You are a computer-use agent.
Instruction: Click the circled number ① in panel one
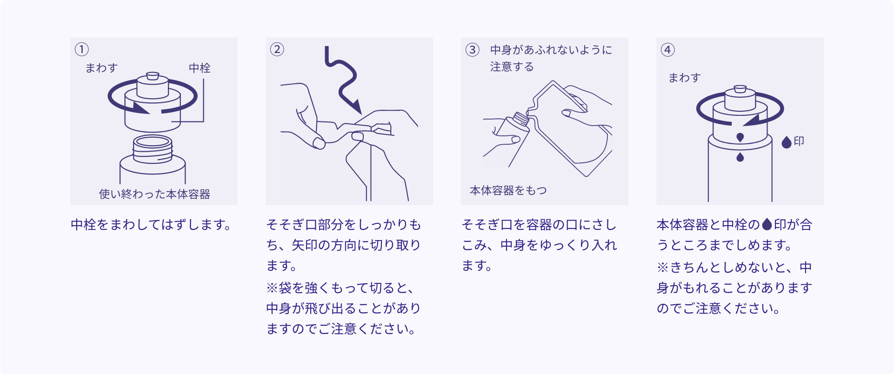click(x=82, y=49)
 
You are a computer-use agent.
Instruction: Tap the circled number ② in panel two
click(x=277, y=49)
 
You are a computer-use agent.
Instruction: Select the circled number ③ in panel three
click(x=473, y=50)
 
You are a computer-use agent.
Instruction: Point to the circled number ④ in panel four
click(x=668, y=50)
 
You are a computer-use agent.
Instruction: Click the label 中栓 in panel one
click(x=200, y=68)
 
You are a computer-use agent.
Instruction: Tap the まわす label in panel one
click(x=101, y=68)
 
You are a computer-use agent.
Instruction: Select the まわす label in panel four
click(x=684, y=78)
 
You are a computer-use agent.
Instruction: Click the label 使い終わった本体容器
click(x=154, y=194)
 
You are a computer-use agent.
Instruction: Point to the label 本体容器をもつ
click(x=508, y=190)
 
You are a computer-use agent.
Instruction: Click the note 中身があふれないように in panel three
click(x=551, y=50)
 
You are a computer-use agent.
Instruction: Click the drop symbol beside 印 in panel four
click(x=787, y=142)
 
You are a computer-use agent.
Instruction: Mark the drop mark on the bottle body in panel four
click(x=740, y=157)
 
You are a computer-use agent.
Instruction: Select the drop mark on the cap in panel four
click(x=740, y=137)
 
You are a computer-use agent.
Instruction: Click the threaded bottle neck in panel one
click(x=153, y=149)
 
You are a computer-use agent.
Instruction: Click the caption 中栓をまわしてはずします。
click(x=152, y=225)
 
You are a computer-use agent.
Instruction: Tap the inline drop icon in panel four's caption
click(x=767, y=225)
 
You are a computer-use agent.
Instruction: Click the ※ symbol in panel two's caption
click(x=272, y=288)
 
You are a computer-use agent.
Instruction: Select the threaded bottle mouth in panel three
click(x=521, y=119)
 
